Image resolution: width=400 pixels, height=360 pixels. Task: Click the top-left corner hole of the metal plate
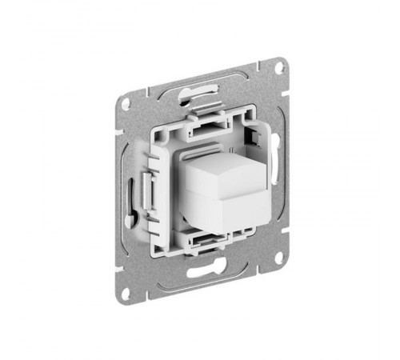tap(124, 103)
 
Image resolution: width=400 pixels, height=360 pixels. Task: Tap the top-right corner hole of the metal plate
tap(278, 68)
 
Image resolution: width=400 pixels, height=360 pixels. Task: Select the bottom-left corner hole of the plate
tap(126, 294)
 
